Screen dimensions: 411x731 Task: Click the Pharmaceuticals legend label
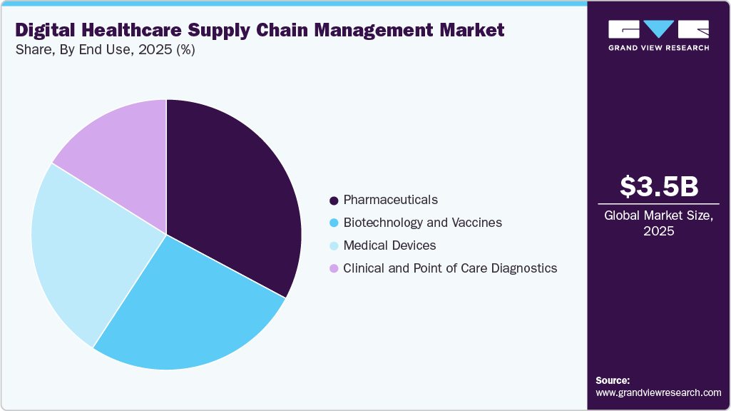click(x=390, y=200)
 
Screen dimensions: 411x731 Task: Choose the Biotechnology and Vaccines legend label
click(x=422, y=223)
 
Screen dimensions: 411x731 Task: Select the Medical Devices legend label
click(x=389, y=245)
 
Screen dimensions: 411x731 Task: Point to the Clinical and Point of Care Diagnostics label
click(x=450, y=268)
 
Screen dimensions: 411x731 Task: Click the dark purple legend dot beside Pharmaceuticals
click(x=334, y=201)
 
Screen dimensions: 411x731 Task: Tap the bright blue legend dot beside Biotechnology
click(x=334, y=223)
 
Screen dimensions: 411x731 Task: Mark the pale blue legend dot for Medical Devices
click(x=334, y=246)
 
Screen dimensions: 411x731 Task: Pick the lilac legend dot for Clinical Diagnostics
click(x=334, y=269)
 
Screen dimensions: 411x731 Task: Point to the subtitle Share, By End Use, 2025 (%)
click(x=105, y=50)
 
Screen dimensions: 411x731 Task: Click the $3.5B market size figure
click(x=659, y=186)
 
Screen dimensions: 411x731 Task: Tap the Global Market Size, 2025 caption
click(x=659, y=223)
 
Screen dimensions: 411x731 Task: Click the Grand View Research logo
click(x=658, y=35)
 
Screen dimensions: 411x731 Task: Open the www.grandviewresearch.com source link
click(x=658, y=393)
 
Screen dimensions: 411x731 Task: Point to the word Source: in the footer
click(x=613, y=381)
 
